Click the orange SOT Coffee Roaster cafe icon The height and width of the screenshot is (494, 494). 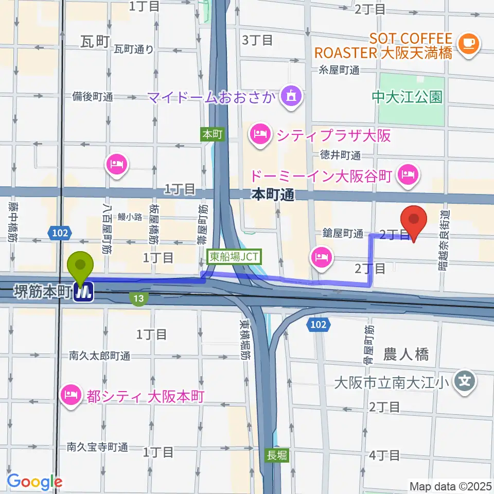(469, 44)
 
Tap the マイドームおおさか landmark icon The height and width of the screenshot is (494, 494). (291, 96)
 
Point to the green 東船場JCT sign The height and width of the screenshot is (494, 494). (235, 255)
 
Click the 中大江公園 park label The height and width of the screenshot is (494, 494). (408, 97)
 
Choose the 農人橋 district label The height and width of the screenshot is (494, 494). (407, 354)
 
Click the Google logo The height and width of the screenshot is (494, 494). (34, 482)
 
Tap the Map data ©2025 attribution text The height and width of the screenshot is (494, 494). (451, 486)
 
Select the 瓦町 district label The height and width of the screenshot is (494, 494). (96, 42)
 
